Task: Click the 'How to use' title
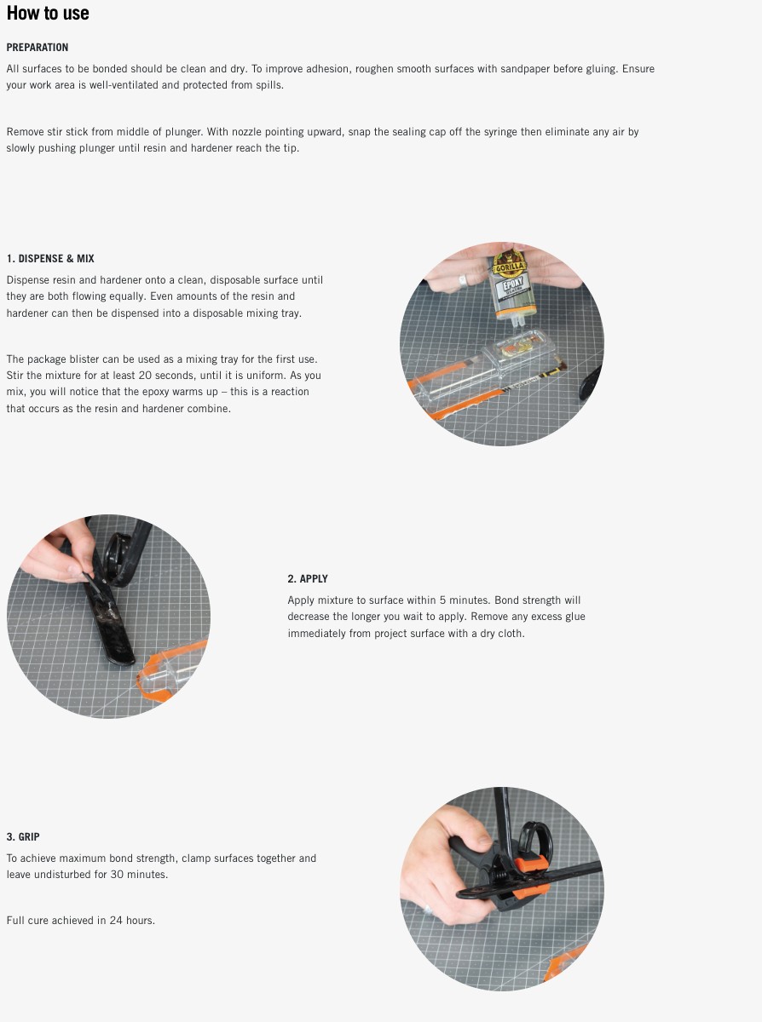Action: tap(48, 14)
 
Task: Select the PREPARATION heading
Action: tap(38, 48)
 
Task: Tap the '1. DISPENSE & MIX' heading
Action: tap(50, 258)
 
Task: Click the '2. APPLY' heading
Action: tap(308, 579)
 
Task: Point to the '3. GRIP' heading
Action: tap(23, 837)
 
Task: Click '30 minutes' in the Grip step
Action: tap(140, 875)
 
